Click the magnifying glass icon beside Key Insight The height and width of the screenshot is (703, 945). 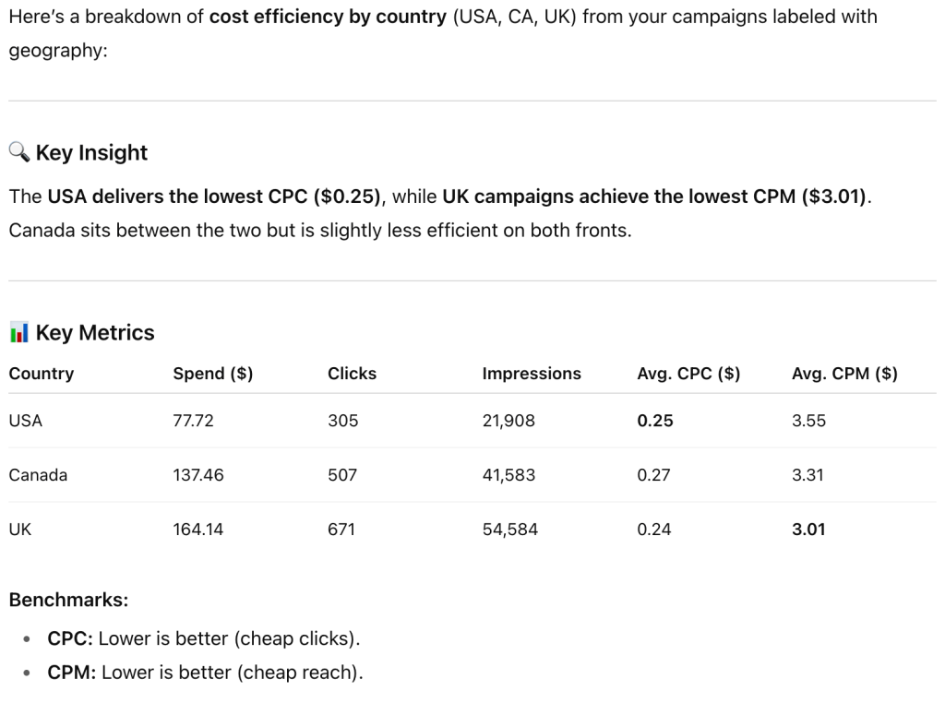(x=19, y=152)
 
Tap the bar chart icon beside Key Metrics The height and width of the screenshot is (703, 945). (x=19, y=332)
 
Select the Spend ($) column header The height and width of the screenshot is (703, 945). (x=212, y=374)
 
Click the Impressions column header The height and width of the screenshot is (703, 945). (x=532, y=374)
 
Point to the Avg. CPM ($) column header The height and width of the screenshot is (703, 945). (x=844, y=374)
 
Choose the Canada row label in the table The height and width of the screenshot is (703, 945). (x=38, y=475)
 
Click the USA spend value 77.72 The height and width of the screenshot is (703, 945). (x=194, y=421)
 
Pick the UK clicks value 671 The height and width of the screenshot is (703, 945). (x=342, y=530)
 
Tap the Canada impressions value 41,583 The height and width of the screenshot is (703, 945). (x=508, y=475)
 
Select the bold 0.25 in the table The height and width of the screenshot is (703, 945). (x=655, y=421)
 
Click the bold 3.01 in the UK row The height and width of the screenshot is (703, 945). (x=808, y=530)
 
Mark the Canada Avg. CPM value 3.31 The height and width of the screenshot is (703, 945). (x=808, y=475)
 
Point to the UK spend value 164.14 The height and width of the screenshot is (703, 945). (x=197, y=530)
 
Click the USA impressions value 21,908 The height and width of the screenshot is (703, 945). (x=508, y=421)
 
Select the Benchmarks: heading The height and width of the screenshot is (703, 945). (x=68, y=600)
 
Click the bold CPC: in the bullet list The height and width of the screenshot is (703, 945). (x=70, y=638)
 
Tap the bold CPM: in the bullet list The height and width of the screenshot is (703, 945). (x=72, y=673)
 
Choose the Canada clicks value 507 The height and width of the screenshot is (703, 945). (x=342, y=475)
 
